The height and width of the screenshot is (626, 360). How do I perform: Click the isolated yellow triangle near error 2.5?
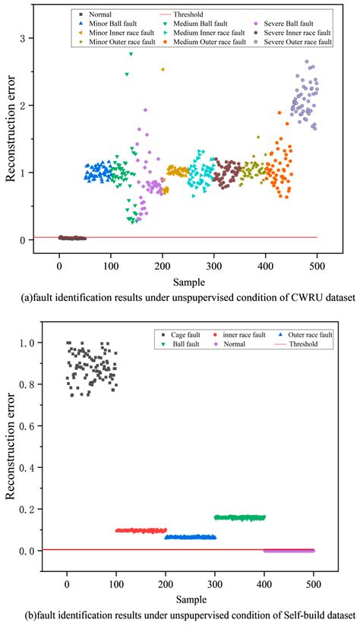tap(163, 69)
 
